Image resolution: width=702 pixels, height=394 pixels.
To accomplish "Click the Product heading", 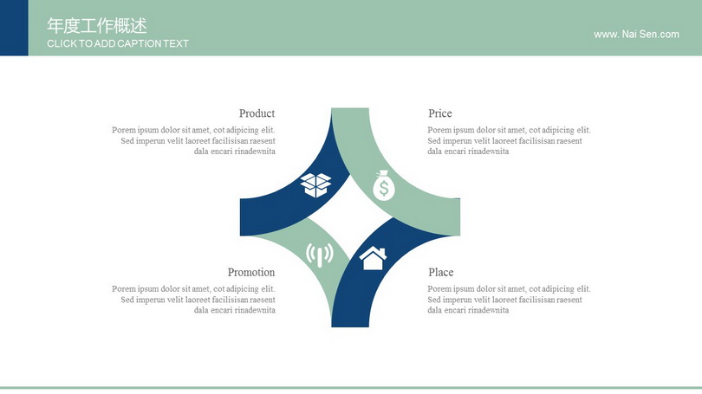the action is (257, 113).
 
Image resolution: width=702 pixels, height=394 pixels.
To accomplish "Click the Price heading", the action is (440, 113).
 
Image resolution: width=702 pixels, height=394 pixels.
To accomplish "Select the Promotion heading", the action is (251, 273).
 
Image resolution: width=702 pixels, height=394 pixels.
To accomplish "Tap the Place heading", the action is (441, 273).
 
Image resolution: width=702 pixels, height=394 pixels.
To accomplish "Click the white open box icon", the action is (315, 185).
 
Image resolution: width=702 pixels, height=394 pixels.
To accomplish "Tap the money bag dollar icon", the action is (384, 185).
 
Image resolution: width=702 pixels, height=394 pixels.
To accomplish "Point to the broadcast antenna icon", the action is (319, 255).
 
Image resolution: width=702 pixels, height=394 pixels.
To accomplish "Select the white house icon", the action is (373, 258).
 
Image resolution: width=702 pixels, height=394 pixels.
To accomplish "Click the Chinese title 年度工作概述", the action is (97, 26).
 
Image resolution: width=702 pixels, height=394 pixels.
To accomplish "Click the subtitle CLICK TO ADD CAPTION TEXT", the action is (118, 44).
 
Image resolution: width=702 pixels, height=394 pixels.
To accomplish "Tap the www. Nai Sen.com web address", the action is (636, 35).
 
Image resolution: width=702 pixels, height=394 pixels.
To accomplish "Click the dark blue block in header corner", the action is (14, 28).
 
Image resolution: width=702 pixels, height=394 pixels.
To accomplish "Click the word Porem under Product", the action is (124, 130).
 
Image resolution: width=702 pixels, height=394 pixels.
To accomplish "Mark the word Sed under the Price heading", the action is (434, 141).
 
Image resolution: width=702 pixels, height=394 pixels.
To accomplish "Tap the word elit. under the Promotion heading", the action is (268, 289).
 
